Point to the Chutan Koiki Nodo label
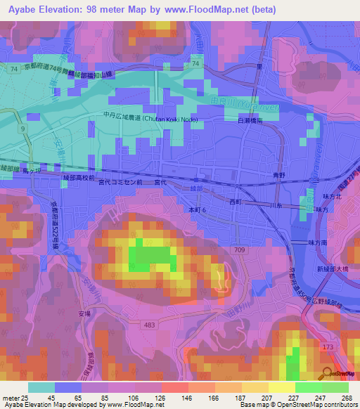[x=150, y=119]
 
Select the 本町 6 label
[x=197, y=209]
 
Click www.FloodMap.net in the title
[x=218, y=9]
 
